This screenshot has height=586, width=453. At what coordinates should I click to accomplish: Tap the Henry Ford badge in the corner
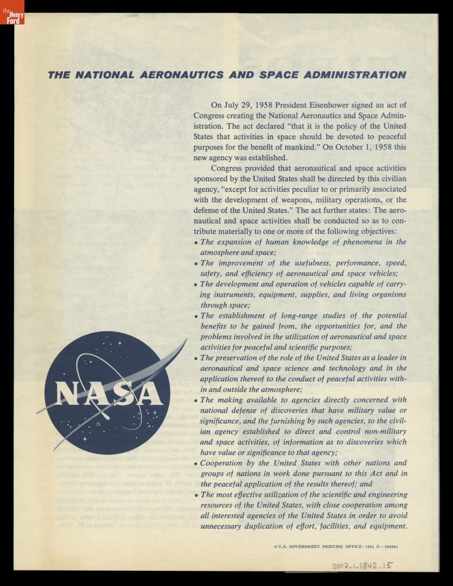click(12, 12)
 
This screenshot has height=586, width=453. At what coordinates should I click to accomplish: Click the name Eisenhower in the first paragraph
click(321, 105)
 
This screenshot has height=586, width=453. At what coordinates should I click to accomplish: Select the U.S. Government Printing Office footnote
click(336, 546)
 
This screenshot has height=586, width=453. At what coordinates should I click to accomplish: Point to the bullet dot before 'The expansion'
click(196, 243)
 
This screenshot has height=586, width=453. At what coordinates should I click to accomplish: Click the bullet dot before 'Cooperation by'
click(196, 464)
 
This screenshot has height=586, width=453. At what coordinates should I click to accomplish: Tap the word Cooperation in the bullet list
click(221, 463)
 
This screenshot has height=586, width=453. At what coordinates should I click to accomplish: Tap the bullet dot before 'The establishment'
click(196, 316)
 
